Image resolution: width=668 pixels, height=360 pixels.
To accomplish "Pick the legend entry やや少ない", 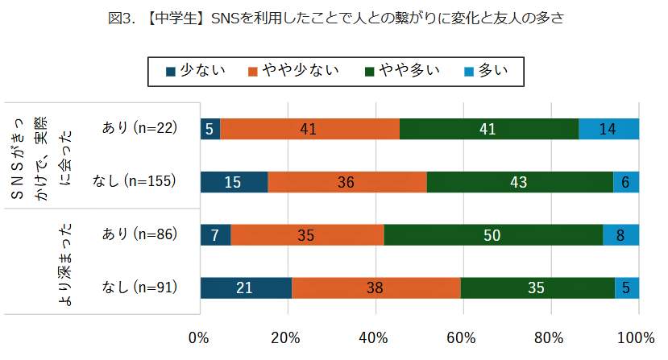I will click(x=295, y=71).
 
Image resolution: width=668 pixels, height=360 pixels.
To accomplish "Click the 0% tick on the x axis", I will click(x=199, y=336).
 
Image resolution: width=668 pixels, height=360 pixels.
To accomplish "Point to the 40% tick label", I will click(x=375, y=336).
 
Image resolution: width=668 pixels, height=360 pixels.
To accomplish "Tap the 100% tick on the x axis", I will click(x=637, y=336).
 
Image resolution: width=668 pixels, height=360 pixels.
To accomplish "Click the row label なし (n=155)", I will click(x=139, y=182).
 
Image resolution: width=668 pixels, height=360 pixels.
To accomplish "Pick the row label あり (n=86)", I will click(x=139, y=234).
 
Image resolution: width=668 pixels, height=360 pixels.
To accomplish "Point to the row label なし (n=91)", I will click(x=139, y=288).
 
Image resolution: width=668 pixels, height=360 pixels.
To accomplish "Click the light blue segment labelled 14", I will click(x=608, y=129).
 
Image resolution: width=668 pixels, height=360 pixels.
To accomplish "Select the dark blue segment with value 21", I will click(x=245, y=288).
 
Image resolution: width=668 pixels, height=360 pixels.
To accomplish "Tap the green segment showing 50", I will click(x=493, y=234).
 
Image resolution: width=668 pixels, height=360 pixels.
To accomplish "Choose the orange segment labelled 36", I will click(x=346, y=182).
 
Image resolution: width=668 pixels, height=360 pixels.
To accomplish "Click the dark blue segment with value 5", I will click(x=210, y=129).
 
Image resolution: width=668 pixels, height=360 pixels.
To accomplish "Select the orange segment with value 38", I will click(x=375, y=288).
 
